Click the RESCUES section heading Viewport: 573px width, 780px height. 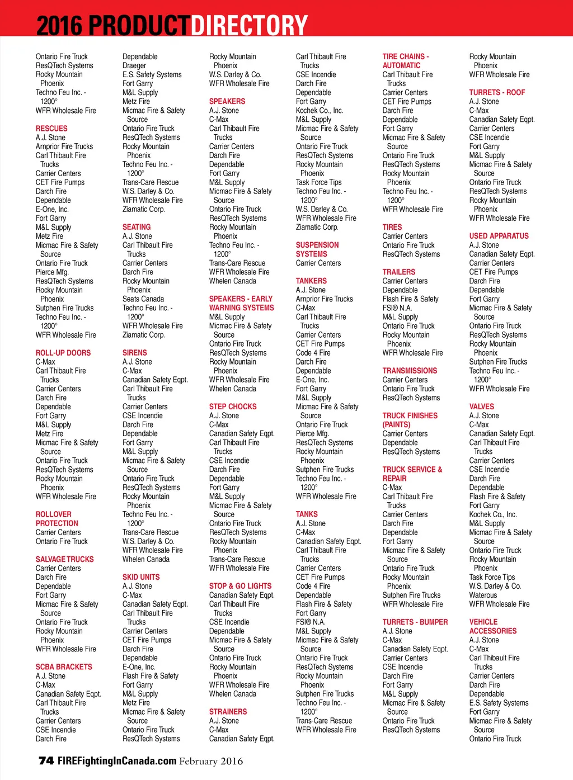(x=51, y=129)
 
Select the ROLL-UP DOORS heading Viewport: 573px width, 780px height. (x=63, y=353)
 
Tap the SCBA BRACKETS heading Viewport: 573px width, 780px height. (x=64, y=667)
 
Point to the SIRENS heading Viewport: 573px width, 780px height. (x=135, y=353)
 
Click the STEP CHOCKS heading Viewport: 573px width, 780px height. (x=233, y=406)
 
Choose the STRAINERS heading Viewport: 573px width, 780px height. (x=228, y=712)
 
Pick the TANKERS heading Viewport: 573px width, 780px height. (x=311, y=281)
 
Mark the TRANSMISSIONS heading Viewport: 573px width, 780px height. (x=410, y=371)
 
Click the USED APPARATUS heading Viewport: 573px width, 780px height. (x=499, y=236)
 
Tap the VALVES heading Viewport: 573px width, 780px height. (x=482, y=406)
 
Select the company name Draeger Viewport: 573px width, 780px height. (x=134, y=65)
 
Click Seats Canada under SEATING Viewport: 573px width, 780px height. (x=143, y=299)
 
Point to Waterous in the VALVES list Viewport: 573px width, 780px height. (x=483, y=595)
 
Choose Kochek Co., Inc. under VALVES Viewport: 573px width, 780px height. (x=493, y=514)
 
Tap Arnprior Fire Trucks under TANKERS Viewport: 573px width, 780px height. (x=325, y=299)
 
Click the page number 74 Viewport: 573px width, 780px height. (x=46, y=760)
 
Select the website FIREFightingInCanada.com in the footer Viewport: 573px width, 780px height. (x=117, y=761)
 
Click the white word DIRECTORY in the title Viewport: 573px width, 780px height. (x=249, y=26)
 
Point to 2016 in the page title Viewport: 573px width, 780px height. (x=59, y=26)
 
